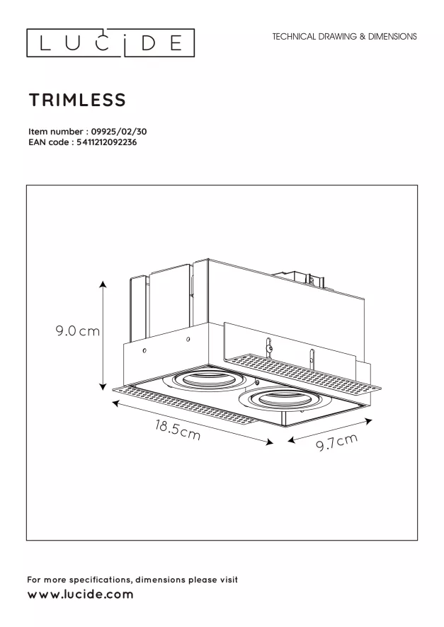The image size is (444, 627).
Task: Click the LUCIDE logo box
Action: (110, 29)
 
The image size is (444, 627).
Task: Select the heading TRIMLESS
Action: (78, 100)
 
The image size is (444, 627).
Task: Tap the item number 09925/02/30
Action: (119, 132)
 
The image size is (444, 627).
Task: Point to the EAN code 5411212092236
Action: (106, 142)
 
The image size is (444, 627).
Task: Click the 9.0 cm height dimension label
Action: (78, 331)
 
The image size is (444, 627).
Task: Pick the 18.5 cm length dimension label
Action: (178, 430)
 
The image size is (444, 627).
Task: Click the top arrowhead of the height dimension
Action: (103, 284)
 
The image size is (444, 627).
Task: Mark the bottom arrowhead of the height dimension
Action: (103, 386)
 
